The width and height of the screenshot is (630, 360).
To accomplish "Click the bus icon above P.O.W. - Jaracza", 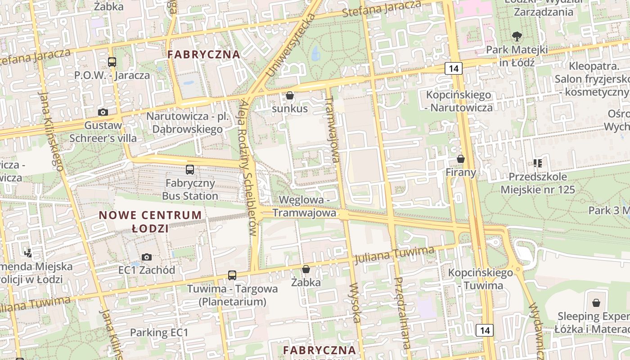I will pyautogui.click(x=112, y=62).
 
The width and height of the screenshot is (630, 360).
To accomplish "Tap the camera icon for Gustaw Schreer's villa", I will pyautogui.click(x=103, y=112).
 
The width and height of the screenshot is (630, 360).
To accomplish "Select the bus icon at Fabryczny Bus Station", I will pyautogui.click(x=190, y=170).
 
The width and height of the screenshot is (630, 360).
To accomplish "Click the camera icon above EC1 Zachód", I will pyautogui.click(x=147, y=257).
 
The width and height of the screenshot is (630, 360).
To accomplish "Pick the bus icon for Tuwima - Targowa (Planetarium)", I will pyautogui.click(x=232, y=275).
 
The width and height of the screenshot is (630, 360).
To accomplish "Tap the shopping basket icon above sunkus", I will pyautogui.click(x=290, y=95).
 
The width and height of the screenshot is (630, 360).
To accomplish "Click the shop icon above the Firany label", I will pyautogui.click(x=460, y=159).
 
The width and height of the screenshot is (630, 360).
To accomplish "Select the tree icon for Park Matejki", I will pyautogui.click(x=517, y=36).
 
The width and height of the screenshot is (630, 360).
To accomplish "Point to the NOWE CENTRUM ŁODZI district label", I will pyautogui.click(x=150, y=221).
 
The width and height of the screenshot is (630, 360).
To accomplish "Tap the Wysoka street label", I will pyautogui.click(x=355, y=302).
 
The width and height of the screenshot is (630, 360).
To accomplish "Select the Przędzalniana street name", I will pyautogui.click(x=402, y=313).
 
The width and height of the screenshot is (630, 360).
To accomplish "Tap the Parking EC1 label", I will pyautogui.click(x=159, y=333).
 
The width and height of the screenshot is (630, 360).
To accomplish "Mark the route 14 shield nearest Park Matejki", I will pyautogui.click(x=453, y=68).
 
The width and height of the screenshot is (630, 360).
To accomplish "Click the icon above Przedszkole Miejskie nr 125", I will pyautogui.click(x=537, y=163).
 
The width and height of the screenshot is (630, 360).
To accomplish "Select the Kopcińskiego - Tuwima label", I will pyautogui.click(x=480, y=279).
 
